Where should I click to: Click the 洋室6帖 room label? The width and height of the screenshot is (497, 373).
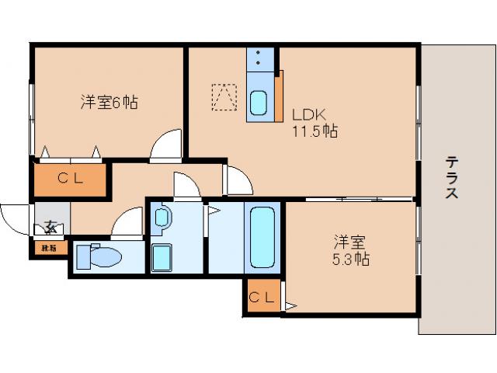click(x=109, y=102)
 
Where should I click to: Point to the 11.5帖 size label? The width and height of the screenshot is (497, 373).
click(x=314, y=131)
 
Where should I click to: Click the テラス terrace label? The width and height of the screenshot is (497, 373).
click(x=451, y=178)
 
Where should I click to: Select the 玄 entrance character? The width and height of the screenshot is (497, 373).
click(x=50, y=227)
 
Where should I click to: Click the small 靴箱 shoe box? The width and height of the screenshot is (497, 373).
click(x=49, y=249)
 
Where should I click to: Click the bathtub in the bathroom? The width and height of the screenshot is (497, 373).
click(x=262, y=237)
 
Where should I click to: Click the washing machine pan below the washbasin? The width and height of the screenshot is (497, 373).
click(x=163, y=256)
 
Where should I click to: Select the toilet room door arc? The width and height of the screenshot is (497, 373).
click(x=127, y=225)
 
